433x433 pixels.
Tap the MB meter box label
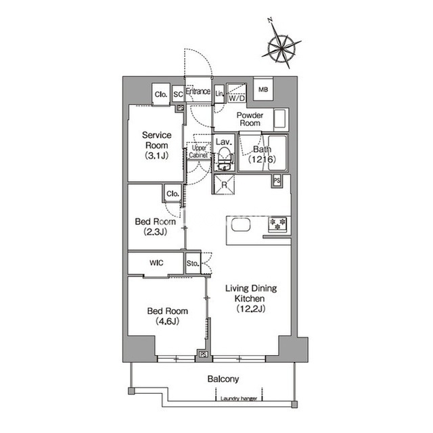point(263,89)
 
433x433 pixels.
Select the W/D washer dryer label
point(237,98)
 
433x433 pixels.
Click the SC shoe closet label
point(178,94)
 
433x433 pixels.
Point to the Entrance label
point(198,91)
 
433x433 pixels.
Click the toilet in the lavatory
point(224,159)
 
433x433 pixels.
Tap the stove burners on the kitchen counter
point(278,224)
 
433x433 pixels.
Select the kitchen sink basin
point(241,224)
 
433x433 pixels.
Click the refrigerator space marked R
point(224,185)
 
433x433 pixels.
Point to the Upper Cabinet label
point(198,152)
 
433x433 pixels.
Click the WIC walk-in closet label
point(156,263)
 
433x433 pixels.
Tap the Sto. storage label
point(193,263)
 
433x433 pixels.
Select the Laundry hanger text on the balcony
point(239,398)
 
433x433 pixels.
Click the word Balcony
point(223,379)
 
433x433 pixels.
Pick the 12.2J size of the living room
point(251,308)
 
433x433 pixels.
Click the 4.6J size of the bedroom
point(168,321)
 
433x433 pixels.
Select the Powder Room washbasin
point(281,119)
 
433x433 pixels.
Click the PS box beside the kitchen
point(277,181)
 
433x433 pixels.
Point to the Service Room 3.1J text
point(156,146)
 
